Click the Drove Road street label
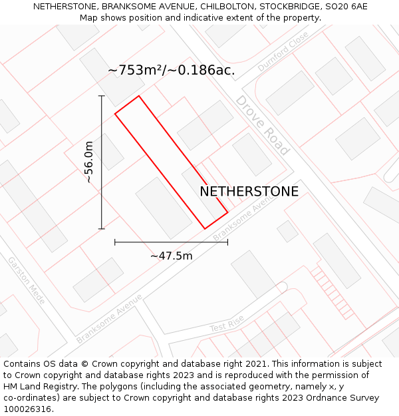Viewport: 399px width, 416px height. tap(262, 125)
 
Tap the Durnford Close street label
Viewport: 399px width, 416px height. tap(283, 51)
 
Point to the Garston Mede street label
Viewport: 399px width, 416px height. tap(26, 280)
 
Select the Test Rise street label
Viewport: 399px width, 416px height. tap(227, 324)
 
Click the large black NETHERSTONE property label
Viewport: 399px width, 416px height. tap(249, 192)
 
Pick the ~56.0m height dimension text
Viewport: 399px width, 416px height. tap(88, 162)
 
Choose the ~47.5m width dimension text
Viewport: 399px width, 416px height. tap(171, 256)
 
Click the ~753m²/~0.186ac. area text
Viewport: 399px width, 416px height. tap(171, 70)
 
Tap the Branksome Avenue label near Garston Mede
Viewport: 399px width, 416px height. tap(109, 319)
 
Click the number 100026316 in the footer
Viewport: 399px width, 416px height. tap(27, 409)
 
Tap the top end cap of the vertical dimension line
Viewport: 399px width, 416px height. tap(102, 96)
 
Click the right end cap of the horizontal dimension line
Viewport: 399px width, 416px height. tap(227, 242)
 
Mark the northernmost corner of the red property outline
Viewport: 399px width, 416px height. tap(138, 96)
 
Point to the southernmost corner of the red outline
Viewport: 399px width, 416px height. tap(205, 229)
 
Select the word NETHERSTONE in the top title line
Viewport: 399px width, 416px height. tap(65, 6)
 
